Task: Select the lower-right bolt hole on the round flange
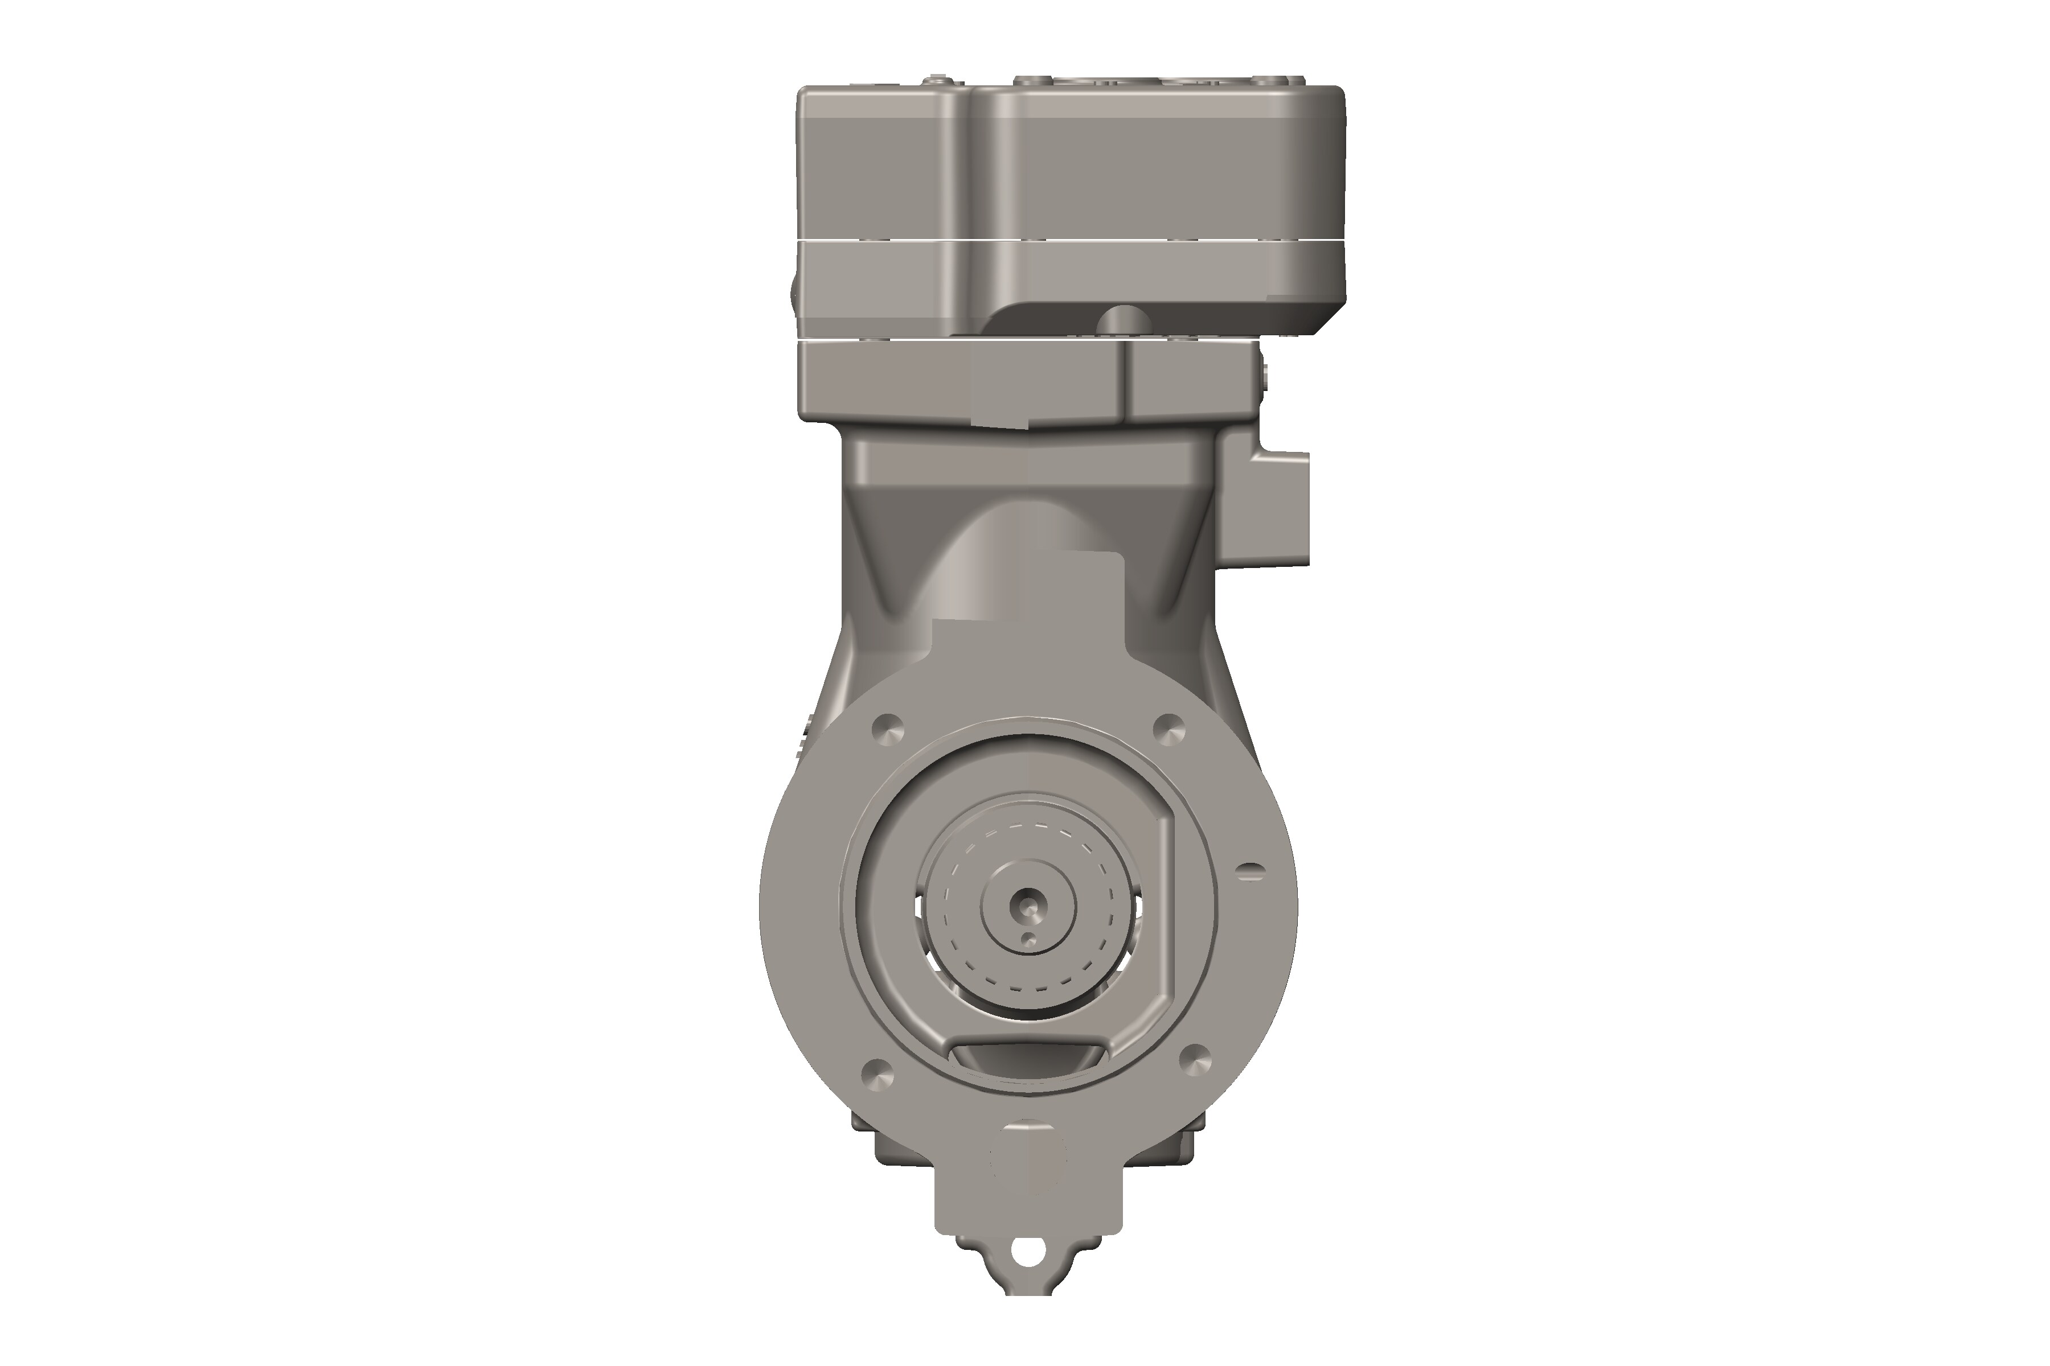pos(1194,1058)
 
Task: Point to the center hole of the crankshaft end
pos(1028,907)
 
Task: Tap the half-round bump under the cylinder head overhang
pos(1122,320)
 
